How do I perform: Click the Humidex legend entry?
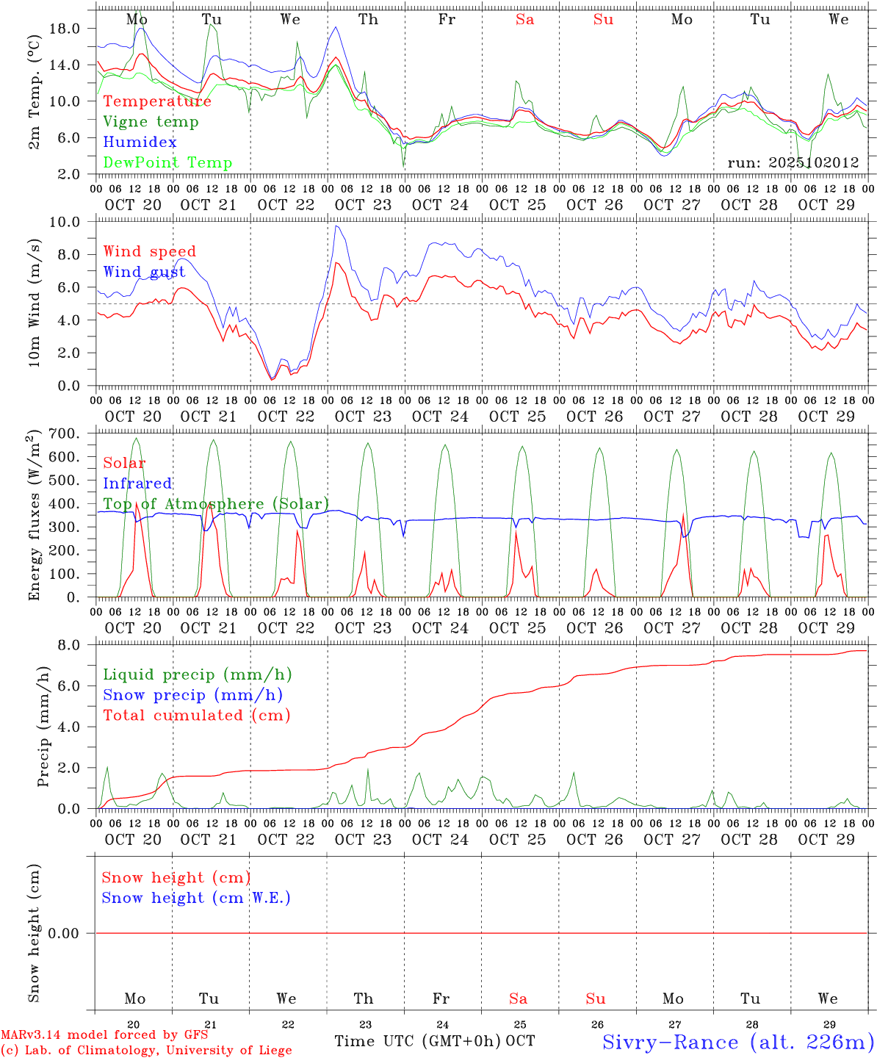140,143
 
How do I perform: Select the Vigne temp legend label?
151,122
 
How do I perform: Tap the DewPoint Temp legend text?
167,163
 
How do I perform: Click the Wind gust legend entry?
144,273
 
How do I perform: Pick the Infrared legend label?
137,483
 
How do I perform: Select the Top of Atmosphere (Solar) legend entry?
216,504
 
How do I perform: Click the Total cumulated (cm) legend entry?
196,715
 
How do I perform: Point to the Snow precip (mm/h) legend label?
192,695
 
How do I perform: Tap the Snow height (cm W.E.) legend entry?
196,898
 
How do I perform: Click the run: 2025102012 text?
793,163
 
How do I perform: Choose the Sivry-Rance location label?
737,1042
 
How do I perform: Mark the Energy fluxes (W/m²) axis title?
35,517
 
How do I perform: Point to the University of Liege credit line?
146,1051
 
